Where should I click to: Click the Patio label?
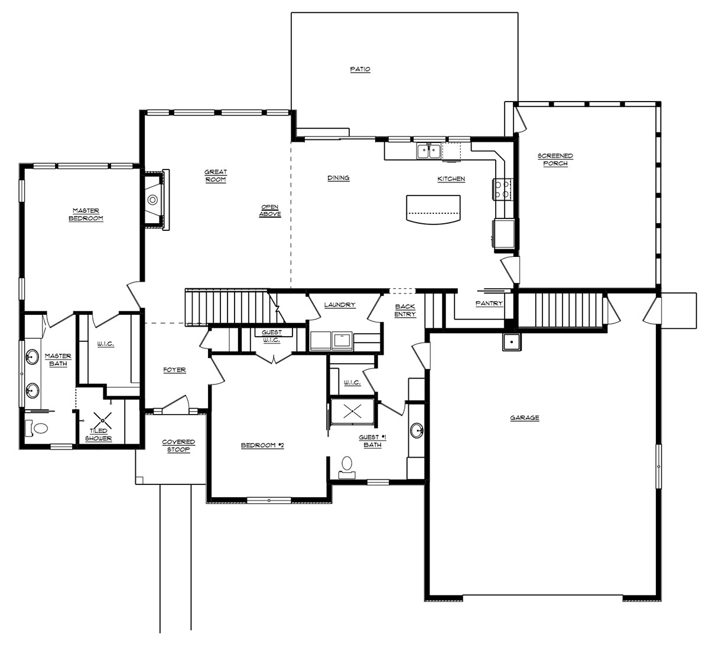tap(360, 69)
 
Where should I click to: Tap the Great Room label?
tap(216, 176)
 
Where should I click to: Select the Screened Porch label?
tap(555, 159)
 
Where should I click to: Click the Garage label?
tap(525, 418)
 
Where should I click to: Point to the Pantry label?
tap(489, 304)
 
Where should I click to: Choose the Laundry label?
tap(340, 305)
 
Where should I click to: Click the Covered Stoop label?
tap(178, 446)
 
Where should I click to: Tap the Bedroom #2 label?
tap(262, 446)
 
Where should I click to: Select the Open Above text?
tap(270, 211)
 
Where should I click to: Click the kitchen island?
tap(433, 209)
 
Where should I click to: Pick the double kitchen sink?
tap(428, 151)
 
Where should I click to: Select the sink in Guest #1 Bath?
tap(417, 431)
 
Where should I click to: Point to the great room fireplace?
tap(155, 200)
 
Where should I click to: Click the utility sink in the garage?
tap(512, 343)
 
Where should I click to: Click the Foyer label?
tap(175, 370)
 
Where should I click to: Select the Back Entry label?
tap(405, 311)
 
